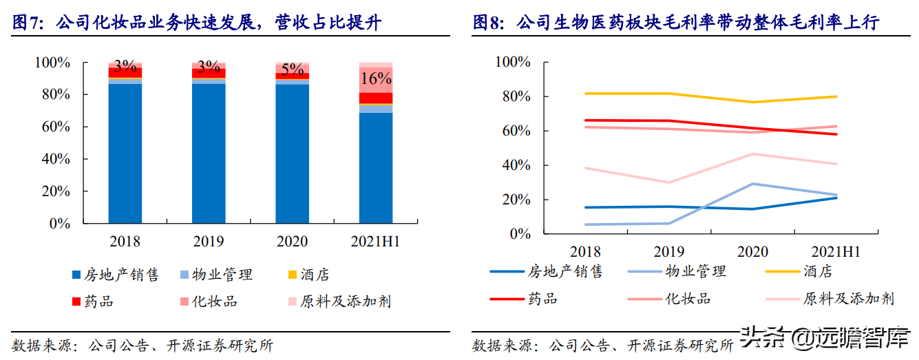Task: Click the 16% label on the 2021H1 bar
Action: [376, 78]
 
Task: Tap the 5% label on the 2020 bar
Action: [292, 70]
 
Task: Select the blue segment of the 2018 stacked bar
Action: [125, 153]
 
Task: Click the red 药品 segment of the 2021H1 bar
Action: [376, 98]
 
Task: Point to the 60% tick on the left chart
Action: [56, 126]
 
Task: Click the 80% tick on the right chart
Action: [516, 96]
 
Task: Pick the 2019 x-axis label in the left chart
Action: [209, 242]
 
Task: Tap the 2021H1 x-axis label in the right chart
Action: [835, 252]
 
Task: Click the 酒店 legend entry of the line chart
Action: [799, 271]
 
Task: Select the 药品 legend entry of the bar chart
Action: [93, 301]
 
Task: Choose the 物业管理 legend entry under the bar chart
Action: [217, 275]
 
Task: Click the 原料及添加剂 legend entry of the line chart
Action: [830, 299]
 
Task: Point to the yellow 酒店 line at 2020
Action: [753, 102]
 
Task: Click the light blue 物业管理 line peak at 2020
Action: [753, 184]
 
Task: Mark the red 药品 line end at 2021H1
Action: [836, 134]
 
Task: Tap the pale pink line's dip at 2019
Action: [669, 182]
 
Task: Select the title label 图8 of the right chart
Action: [488, 22]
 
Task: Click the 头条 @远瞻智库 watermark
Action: [827, 337]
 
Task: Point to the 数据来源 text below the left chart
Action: [45, 346]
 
